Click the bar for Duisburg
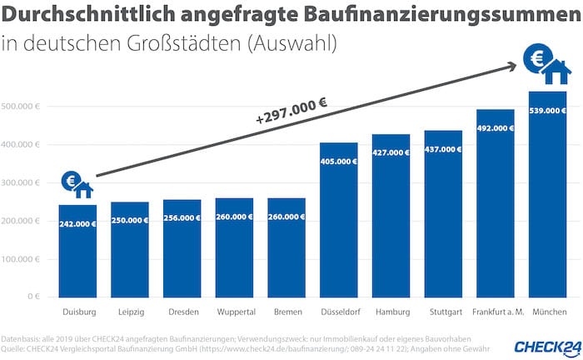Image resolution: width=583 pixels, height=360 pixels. pos(77,250)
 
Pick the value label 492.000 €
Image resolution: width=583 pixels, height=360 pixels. pos(496,129)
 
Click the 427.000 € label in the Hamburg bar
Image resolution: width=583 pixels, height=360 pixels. pos(391,153)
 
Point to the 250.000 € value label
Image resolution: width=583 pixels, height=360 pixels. pos(129,220)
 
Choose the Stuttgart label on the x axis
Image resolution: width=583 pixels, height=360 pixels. pos(443,312)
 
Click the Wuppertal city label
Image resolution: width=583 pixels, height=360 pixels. pos(234,312)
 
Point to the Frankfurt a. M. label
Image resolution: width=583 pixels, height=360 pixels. pos(496,312)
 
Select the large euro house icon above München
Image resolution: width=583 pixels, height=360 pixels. pos(547,64)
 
